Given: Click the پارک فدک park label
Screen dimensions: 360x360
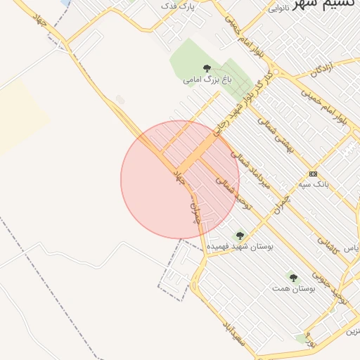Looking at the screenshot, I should [176, 6].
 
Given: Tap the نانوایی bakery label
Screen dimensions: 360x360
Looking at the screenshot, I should [278, 8].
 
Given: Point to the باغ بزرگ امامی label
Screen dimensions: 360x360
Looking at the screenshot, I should [207, 80].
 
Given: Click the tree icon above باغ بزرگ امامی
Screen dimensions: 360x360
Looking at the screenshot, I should [207, 68].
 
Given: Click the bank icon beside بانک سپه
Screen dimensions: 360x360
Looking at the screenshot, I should [313, 173].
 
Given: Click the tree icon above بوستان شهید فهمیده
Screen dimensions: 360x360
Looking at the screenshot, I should [240, 236].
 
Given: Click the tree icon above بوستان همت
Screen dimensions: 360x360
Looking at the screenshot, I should [293, 278].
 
